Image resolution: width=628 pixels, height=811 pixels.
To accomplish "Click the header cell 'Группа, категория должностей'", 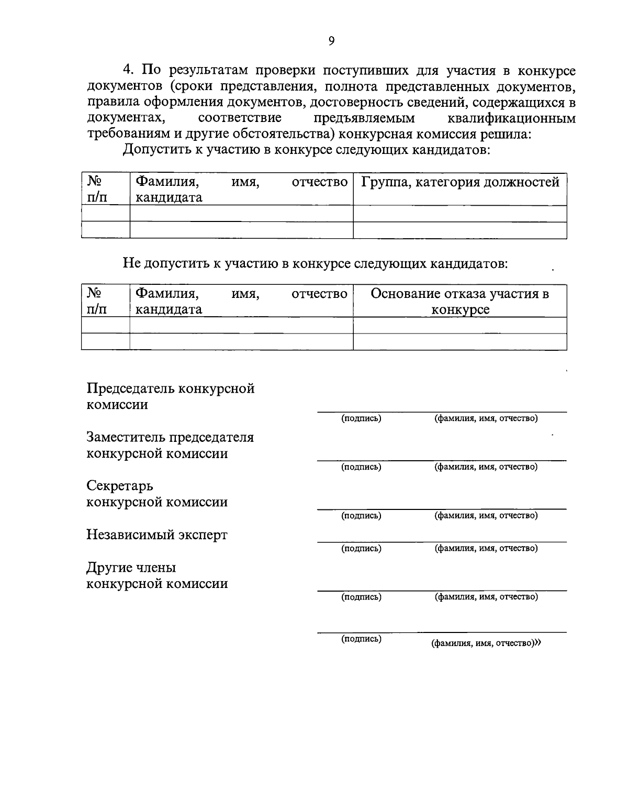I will [460, 182].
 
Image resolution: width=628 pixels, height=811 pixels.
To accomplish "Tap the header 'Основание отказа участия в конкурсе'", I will [460, 301].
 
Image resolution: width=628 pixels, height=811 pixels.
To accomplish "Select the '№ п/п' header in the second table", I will [96, 301].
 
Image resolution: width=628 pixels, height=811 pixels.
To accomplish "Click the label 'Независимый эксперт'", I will [157, 535].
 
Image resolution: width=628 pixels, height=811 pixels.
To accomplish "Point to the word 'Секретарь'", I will [120, 486].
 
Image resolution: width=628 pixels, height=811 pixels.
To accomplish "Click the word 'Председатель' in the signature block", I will [130, 388].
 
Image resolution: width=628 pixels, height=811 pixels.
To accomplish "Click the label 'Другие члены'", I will [131, 568].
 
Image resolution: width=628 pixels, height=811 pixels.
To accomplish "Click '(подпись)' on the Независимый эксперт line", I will [361, 548].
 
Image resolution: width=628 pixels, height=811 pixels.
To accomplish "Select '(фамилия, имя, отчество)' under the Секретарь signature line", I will [486, 515].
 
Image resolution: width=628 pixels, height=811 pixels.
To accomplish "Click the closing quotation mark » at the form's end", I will [537, 643].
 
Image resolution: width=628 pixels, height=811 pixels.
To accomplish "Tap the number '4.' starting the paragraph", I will [129, 70].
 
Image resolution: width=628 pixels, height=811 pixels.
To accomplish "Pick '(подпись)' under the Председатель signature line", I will [361, 418].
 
